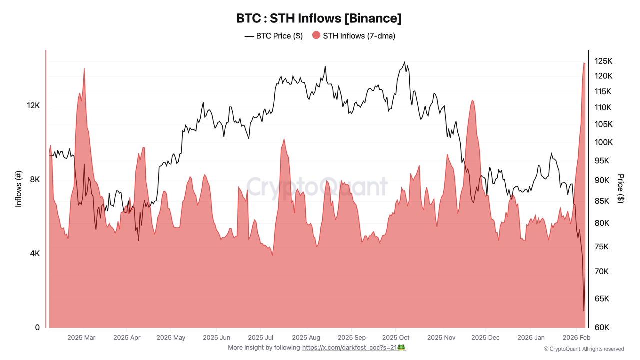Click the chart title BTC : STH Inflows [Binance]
click(x=319, y=18)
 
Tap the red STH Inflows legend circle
click(x=316, y=35)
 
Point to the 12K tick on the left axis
click(x=33, y=106)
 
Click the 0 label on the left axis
click(x=37, y=328)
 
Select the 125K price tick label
click(x=603, y=61)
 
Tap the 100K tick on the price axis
click(x=603, y=142)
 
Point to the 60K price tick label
click(x=602, y=328)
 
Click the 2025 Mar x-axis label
click(x=81, y=338)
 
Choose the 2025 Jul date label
click(x=260, y=338)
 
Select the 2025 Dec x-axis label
click(x=485, y=338)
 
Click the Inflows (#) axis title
click(x=19, y=189)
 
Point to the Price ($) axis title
click(x=621, y=188)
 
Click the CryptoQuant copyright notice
click(x=583, y=349)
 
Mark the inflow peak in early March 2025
click(x=84, y=69)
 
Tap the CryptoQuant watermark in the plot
click(x=317, y=186)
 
